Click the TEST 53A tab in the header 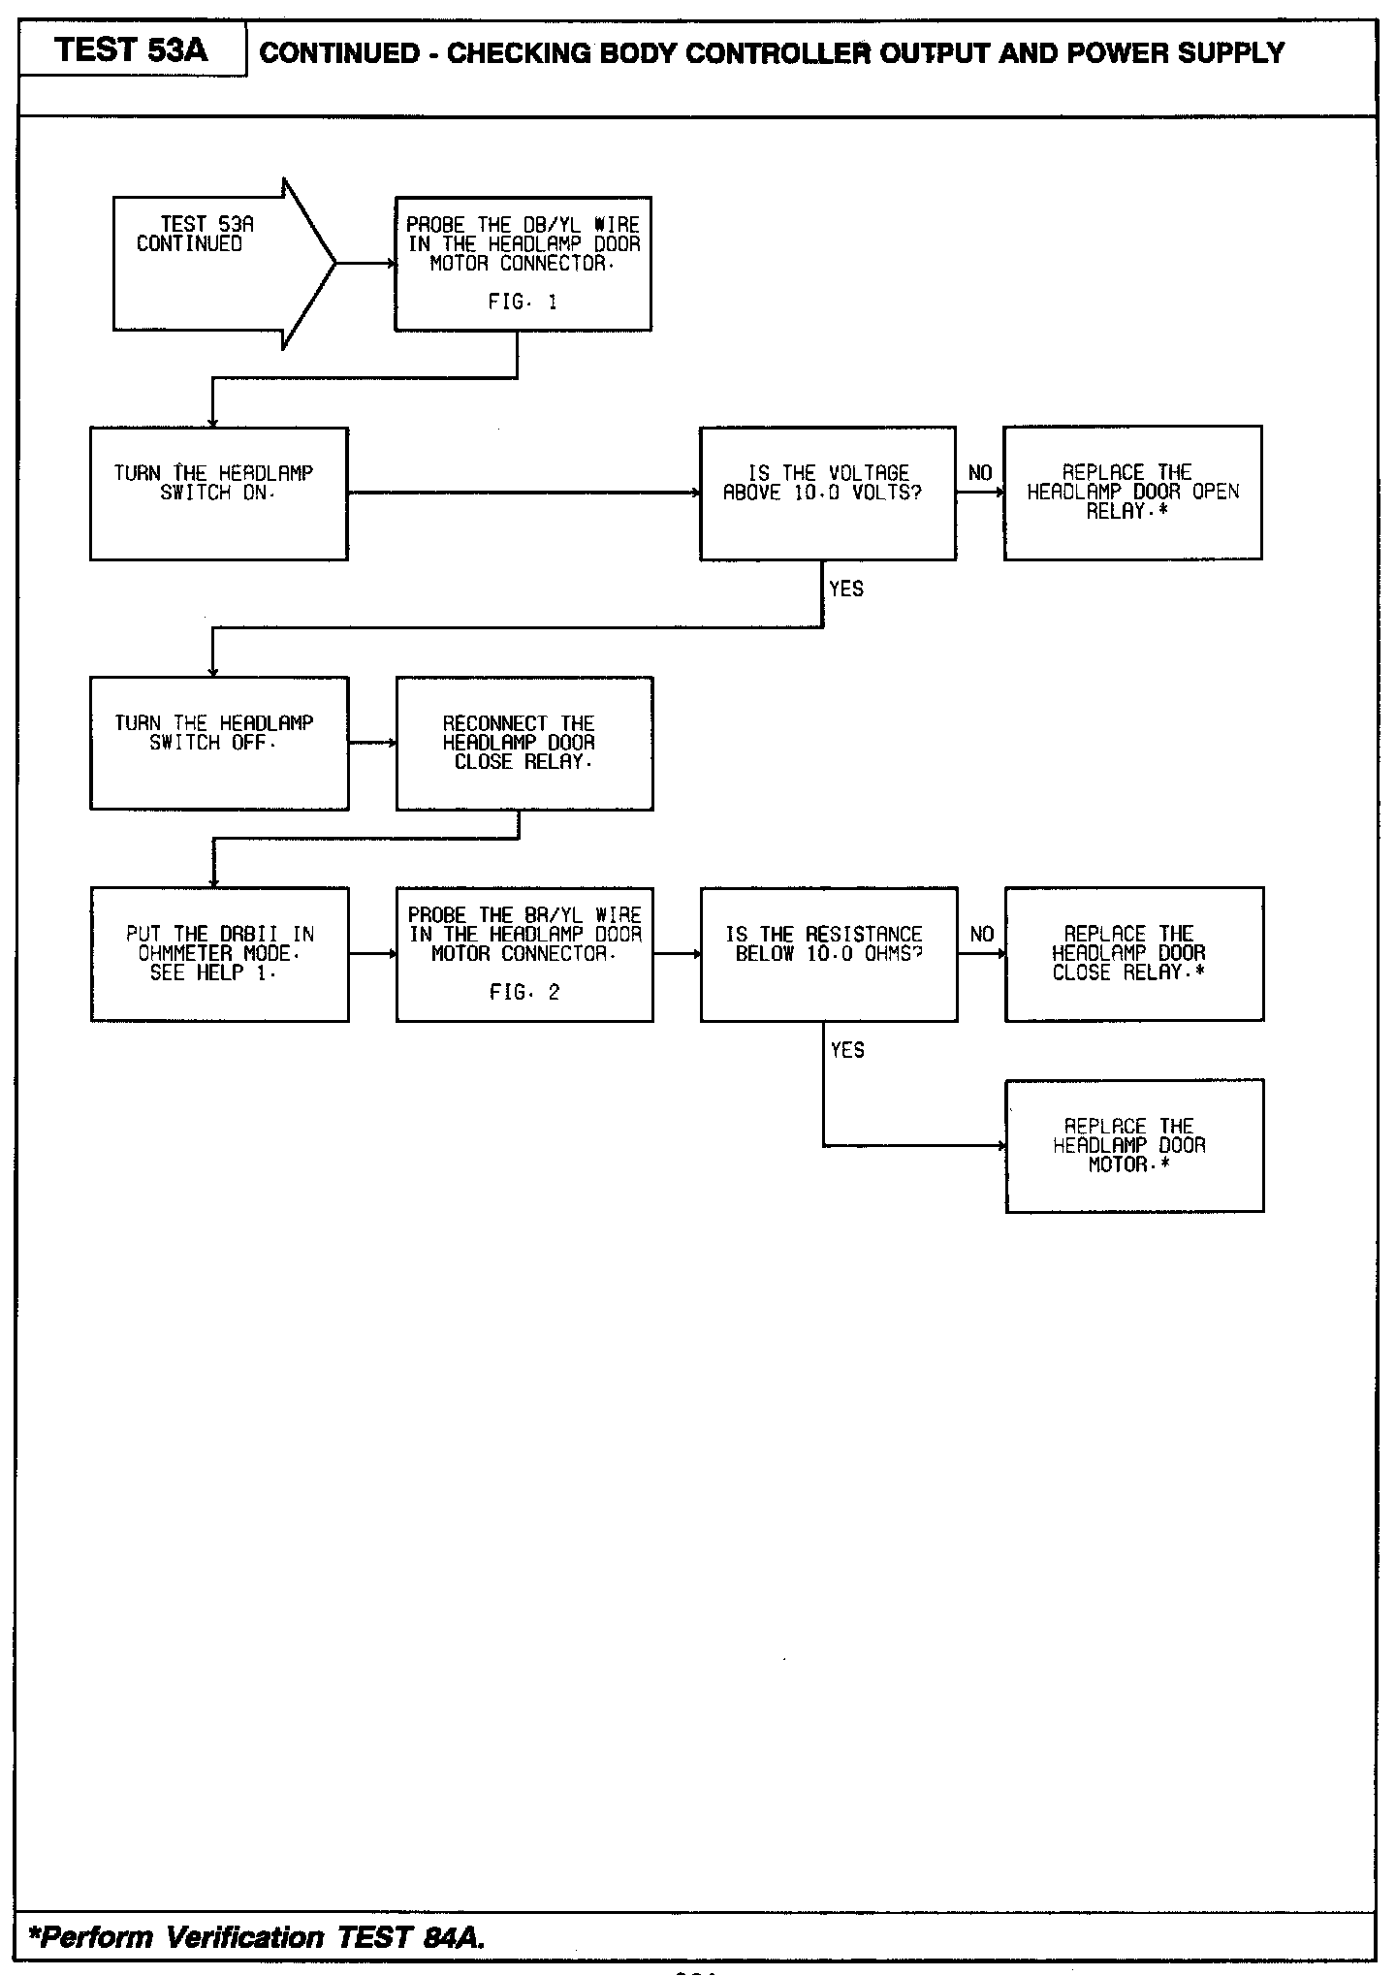click(132, 50)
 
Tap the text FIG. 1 click(523, 303)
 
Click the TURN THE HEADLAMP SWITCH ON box click(218, 493)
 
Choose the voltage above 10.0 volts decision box click(827, 493)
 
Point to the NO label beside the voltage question click(980, 473)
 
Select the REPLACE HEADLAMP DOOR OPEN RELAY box click(1132, 493)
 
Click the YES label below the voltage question click(846, 589)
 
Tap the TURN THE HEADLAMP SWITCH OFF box click(218, 743)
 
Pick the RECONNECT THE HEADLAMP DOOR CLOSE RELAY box click(523, 743)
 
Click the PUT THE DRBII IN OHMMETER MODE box click(219, 953)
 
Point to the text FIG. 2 click(524, 993)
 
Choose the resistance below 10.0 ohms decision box click(828, 953)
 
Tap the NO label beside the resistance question click(982, 934)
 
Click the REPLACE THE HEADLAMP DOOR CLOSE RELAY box click(1133, 953)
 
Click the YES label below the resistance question click(847, 1050)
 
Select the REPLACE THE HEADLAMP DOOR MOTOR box click(1134, 1145)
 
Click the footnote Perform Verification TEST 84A click(258, 1937)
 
